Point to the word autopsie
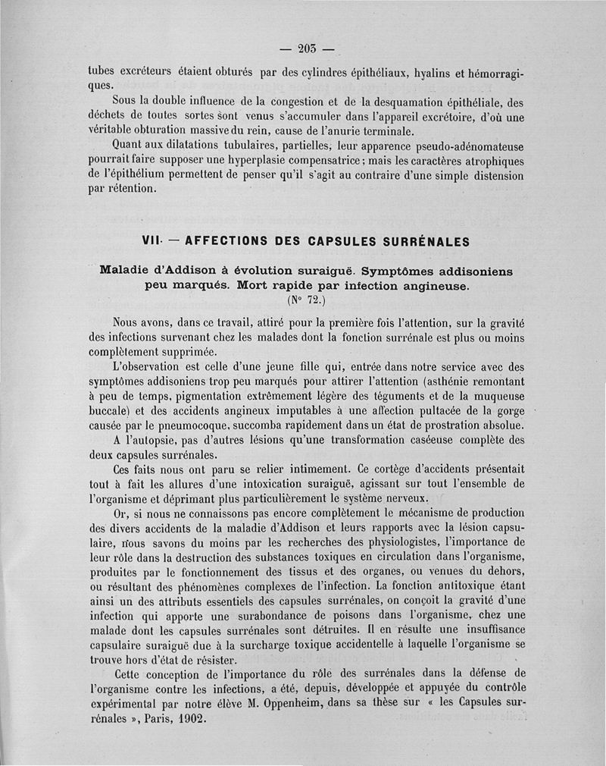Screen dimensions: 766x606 pyautogui.click(x=152, y=440)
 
